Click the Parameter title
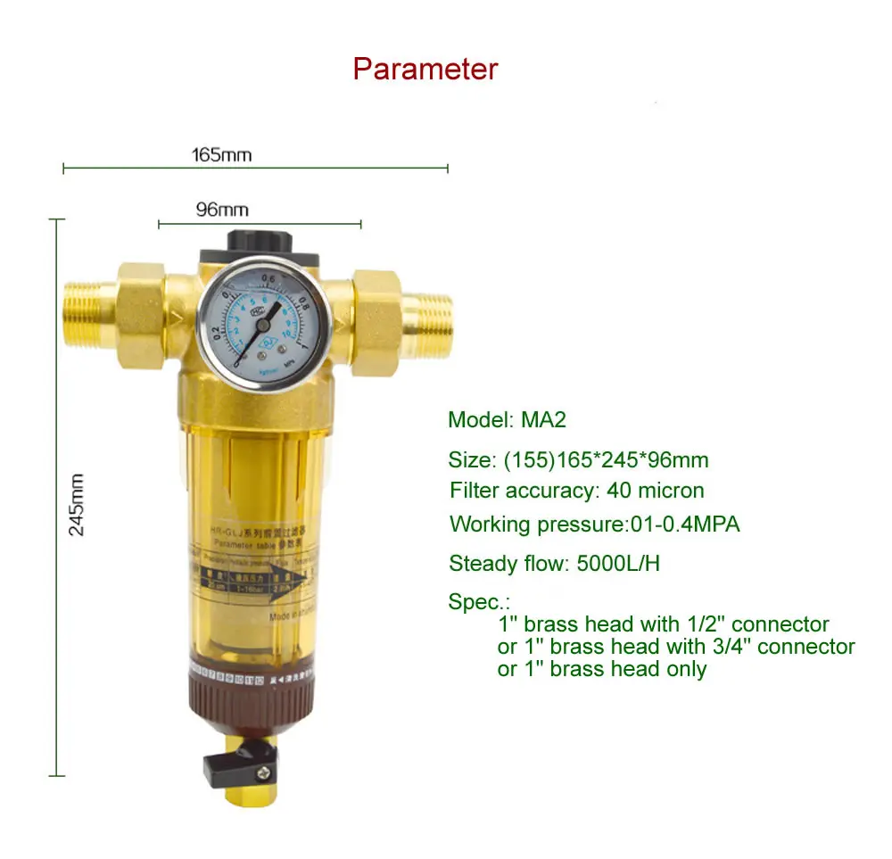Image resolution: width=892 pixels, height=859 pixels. pyautogui.click(x=425, y=69)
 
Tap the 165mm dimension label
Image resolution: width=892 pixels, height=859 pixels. pyautogui.click(x=221, y=155)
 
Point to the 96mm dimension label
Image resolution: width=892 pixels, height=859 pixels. pyautogui.click(x=221, y=211)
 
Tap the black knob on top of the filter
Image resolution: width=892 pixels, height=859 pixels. pyautogui.click(x=260, y=242)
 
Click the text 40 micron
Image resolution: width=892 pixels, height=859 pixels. pyautogui.click(x=655, y=490)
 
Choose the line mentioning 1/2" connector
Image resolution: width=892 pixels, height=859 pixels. pyautogui.click(x=663, y=624)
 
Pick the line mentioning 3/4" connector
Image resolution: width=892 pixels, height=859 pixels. pyautogui.click(x=675, y=647)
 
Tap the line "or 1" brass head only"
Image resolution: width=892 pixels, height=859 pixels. pyautogui.click(x=601, y=669)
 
